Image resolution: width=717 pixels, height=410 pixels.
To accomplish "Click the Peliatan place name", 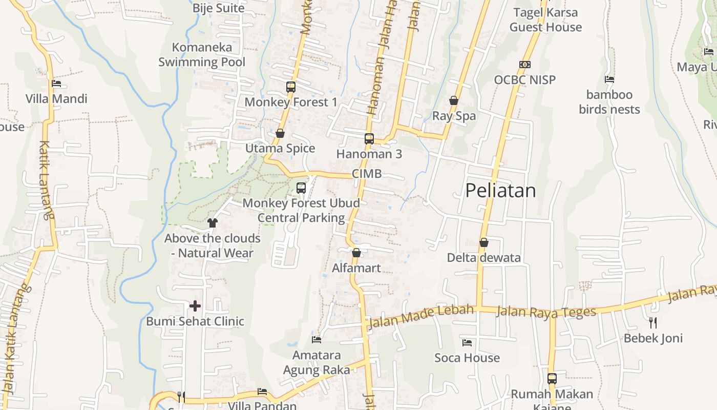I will [x=500, y=191].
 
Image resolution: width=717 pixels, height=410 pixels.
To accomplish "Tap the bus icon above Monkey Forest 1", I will [x=291, y=87].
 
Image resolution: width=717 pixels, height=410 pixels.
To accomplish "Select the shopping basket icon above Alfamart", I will [x=356, y=253].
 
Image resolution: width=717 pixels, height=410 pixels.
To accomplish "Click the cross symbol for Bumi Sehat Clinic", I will [x=195, y=306].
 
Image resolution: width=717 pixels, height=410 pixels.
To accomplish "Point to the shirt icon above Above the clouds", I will [x=213, y=223].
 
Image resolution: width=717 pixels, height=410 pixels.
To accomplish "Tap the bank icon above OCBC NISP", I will [x=524, y=65].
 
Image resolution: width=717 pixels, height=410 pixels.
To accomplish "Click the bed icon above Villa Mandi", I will [x=56, y=84].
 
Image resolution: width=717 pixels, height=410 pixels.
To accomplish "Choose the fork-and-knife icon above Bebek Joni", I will [x=652, y=322].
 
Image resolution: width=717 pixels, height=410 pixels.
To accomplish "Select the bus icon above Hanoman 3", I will [x=369, y=138].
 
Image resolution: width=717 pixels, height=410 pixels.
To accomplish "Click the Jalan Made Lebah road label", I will [x=421, y=315].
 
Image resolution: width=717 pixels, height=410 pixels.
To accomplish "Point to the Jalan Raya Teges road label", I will [x=546, y=312].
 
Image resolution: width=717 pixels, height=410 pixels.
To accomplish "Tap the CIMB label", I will [x=367, y=174].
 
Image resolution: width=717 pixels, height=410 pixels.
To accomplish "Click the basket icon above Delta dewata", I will [x=483, y=242].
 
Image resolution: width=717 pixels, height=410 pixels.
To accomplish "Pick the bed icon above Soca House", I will [x=467, y=342].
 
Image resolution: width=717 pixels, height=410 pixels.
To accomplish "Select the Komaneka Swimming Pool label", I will [x=202, y=55].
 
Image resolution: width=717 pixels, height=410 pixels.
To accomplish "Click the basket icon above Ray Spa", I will [x=454, y=100].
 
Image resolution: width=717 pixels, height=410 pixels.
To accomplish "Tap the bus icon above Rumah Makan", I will [x=552, y=379].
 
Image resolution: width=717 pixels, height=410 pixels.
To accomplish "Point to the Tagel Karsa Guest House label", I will [x=545, y=19].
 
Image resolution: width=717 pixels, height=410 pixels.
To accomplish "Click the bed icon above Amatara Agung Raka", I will [x=317, y=339].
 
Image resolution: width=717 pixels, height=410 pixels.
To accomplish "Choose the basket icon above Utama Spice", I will [x=280, y=133].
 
